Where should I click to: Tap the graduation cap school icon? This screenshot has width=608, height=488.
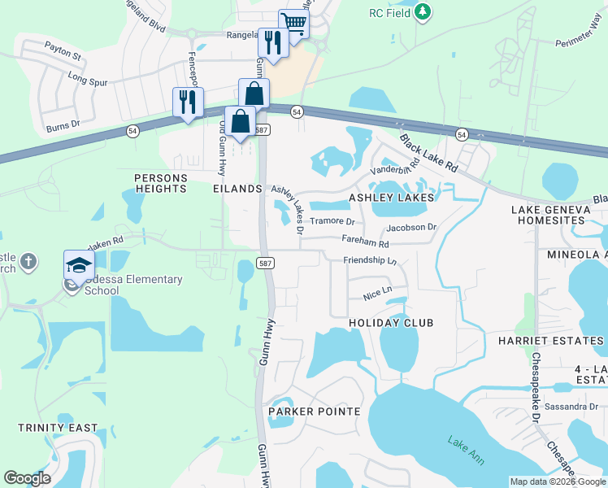pos(80,265)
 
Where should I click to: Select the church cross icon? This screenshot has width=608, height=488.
pos(28,262)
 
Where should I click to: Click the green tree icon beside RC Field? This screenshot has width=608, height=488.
pos(422,11)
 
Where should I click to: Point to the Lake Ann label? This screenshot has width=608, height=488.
pos(466,451)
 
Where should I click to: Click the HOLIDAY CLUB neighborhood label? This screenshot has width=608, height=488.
pos(391,323)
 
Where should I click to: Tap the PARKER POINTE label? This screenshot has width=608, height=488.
pos(315,412)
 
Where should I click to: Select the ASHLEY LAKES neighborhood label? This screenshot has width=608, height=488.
pos(391,198)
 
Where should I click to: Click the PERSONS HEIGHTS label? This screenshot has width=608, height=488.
pos(161,183)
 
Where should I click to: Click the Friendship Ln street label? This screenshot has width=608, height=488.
pos(369,261)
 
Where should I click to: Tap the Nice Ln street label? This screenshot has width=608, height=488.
pos(377,290)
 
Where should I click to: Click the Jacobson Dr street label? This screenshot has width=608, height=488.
pos(411,228)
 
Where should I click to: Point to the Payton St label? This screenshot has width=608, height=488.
pos(63,56)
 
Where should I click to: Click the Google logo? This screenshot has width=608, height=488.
pos(27,478)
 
